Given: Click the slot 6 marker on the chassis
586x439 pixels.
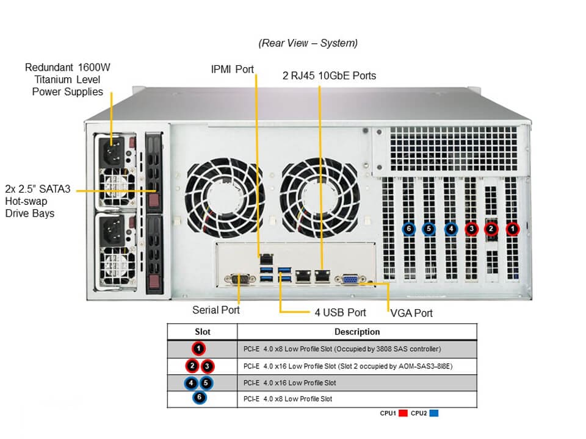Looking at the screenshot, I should click(x=409, y=229).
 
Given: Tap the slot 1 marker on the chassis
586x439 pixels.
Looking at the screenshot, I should click(x=513, y=229).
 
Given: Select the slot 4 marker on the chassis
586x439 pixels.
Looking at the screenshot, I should click(x=450, y=229).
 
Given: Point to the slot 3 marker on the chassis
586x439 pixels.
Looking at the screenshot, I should click(x=471, y=229).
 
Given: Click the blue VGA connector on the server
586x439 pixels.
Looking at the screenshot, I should click(x=350, y=279).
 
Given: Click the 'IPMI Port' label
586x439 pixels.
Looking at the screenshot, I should click(x=232, y=69).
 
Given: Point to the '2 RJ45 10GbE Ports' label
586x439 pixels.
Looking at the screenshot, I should click(x=329, y=76).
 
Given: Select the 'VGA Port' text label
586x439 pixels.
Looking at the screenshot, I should click(x=411, y=313).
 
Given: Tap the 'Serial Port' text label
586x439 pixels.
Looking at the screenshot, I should click(x=216, y=310).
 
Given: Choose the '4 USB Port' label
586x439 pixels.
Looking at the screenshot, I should click(x=340, y=313).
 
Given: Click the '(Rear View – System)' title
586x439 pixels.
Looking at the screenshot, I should click(x=308, y=43).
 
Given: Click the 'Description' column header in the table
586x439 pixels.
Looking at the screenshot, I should click(x=357, y=332).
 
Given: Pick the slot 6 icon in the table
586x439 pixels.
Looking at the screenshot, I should click(x=199, y=399).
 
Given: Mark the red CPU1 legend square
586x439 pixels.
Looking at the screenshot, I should click(x=403, y=413).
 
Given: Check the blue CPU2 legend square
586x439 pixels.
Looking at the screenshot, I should click(x=435, y=413).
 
